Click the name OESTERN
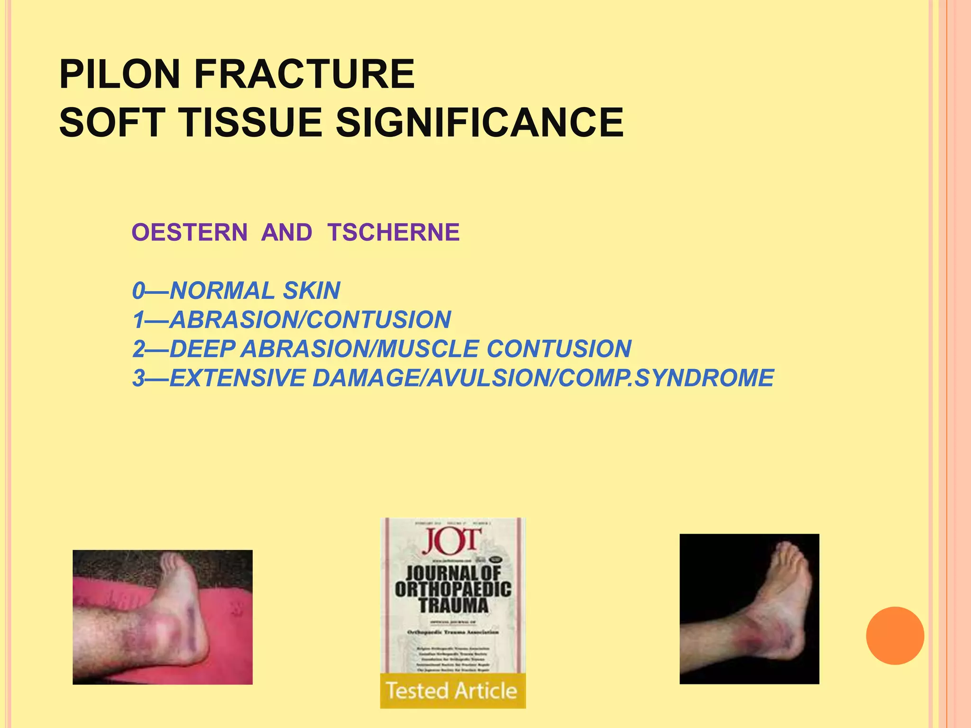(x=189, y=232)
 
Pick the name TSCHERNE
(x=393, y=232)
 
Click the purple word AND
(x=286, y=232)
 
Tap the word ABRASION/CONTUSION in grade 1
(x=310, y=320)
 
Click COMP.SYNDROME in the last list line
(x=666, y=378)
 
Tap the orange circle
(x=895, y=636)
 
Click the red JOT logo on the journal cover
(x=451, y=541)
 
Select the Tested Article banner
(x=452, y=691)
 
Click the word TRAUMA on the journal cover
(x=453, y=605)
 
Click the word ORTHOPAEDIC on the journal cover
(x=453, y=589)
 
